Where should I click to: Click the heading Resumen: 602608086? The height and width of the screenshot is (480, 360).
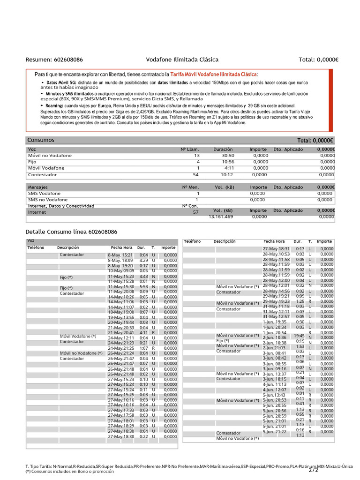[x=54, y=60]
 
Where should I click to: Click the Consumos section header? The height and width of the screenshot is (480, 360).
[x=41, y=140]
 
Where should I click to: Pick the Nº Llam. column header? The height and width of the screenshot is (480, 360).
[x=190, y=149]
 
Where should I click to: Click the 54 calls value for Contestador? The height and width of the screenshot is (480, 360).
[x=196, y=175]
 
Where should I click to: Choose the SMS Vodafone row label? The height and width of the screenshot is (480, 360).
[x=45, y=193]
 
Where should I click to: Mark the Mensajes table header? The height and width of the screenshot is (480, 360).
[x=38, y=187]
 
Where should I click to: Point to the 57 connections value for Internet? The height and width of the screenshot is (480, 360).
[x=196, y=212]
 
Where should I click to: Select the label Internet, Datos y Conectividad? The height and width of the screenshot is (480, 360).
[x=61, y=206]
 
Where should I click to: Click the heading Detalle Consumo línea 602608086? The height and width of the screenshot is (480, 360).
[x=71, y=232]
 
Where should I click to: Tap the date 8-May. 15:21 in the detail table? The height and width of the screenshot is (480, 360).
[x=120, y=255]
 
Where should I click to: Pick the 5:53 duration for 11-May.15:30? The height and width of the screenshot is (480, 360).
[x=143, y=287]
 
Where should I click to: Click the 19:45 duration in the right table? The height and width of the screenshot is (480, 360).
[x=299, y=336]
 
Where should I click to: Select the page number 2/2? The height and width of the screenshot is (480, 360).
[x=314, y=470]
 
